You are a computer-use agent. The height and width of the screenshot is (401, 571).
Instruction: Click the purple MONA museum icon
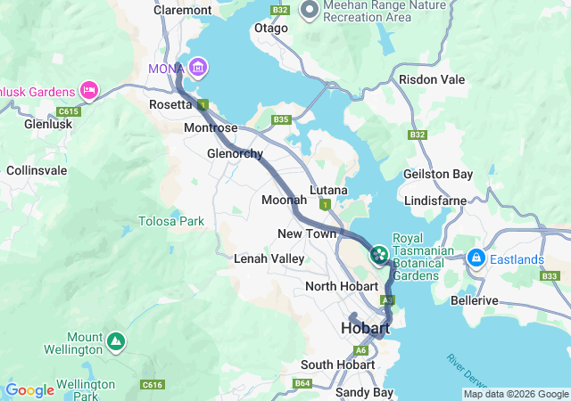point(197,68)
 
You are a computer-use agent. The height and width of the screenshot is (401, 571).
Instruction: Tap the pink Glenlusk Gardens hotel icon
point(89,89)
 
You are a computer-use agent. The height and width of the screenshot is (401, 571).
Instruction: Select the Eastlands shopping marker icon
point(476,258)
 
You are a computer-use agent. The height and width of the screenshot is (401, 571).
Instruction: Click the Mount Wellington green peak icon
point(116,341)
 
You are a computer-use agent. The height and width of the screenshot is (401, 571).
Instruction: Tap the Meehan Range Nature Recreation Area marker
point(310,12)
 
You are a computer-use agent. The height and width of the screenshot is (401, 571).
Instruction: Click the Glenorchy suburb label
point(234,152)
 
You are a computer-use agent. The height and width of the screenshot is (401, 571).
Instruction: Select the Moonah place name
point(284,200)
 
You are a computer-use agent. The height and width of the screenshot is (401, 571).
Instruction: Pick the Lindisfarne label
point(434,200)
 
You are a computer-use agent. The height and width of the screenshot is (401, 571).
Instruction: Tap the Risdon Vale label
point(432,79)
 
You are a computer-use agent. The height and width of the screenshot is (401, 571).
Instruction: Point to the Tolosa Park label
point(170,221)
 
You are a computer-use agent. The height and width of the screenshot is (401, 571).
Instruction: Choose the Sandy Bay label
point(364,392)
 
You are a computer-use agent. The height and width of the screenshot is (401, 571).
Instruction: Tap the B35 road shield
point(282,119)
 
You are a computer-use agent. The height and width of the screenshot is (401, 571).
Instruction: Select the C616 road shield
point(152,384)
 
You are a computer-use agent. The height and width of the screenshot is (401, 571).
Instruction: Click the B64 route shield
point(303,384)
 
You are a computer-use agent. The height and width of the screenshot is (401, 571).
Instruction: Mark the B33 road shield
point(549,276)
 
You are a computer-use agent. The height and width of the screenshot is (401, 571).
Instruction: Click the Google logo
point(29,390)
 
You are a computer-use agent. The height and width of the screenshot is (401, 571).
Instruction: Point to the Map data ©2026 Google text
point(516,394)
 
